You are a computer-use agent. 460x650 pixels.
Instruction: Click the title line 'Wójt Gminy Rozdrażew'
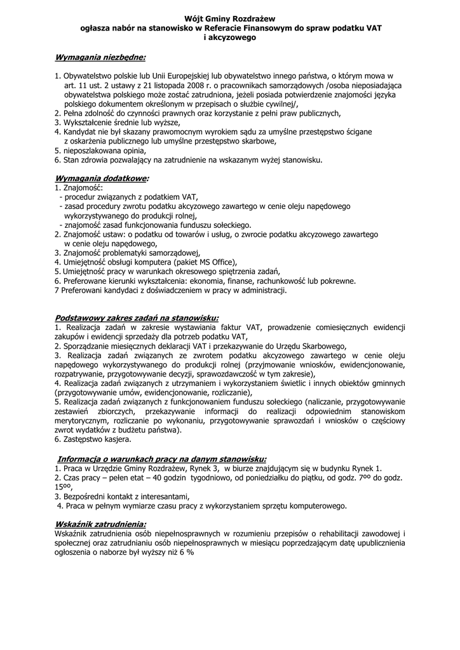230,20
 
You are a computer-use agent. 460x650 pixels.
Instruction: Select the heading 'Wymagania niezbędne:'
100,58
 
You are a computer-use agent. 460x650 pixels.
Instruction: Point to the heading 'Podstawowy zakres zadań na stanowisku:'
137,317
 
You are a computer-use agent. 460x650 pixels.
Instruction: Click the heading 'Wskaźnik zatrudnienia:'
100,524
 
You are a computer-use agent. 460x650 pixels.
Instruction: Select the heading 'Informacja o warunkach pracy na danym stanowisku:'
162,459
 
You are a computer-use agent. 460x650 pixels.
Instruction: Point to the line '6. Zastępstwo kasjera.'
93,439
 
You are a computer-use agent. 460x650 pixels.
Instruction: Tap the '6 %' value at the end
186,552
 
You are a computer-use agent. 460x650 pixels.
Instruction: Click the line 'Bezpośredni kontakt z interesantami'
126,496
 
